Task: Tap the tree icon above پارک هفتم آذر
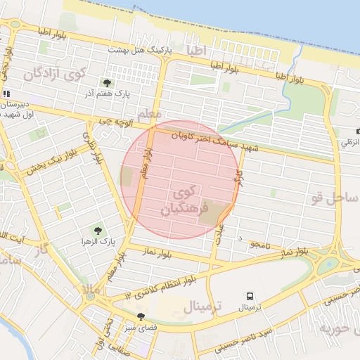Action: [x=107, y=83]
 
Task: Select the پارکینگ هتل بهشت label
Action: [x=136, y=50]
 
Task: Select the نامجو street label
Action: [x=258, y=243]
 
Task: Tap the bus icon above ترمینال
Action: [x=250, y=296]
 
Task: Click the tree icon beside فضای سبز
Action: [x=141, y=316]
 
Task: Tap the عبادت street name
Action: [x=219, y=234]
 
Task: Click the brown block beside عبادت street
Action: [x=210, y=214]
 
